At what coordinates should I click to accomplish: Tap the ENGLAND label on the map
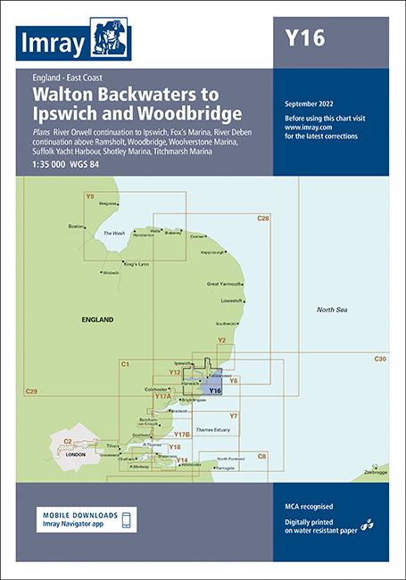(x=97, y=319)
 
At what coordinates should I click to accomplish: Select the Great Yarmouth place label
(x=225, y=284)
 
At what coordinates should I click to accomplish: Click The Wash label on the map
(x=114, y=233)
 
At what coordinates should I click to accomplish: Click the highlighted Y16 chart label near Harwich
(x=214, y=391)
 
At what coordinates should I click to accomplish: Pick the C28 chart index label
(x=262, y=219)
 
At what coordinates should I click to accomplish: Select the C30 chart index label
(x=380, y=359)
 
